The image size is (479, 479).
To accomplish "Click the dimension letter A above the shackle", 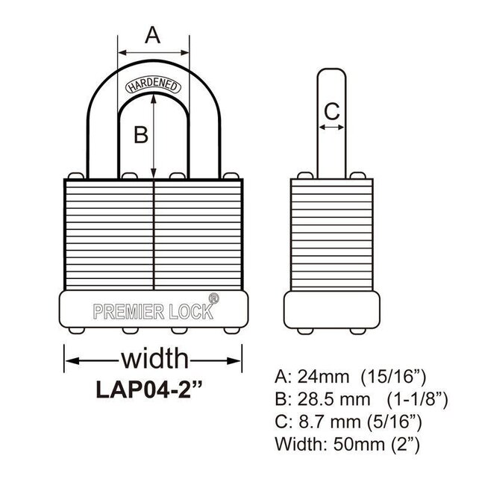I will tap(152, 34).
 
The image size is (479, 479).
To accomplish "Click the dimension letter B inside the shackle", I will tap(140, 135).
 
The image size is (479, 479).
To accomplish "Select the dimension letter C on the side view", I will tap(331, 111).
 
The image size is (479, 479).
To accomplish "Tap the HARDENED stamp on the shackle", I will tap(152, 85).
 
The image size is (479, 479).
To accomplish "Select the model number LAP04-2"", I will tap(153, 389).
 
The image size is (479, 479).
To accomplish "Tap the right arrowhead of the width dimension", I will tap(237, 360).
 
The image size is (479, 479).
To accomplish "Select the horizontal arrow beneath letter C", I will tap(331, 128).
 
